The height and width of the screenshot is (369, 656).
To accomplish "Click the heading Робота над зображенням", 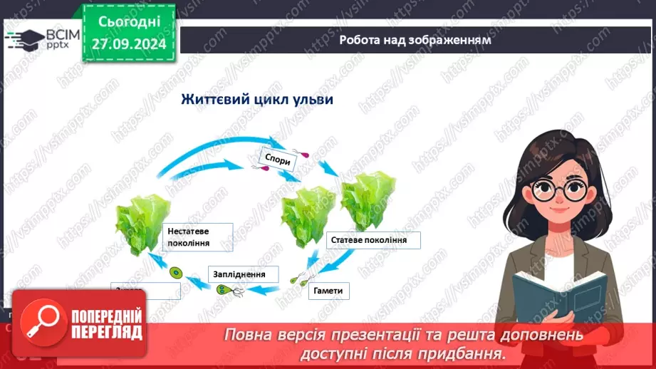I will tap(415, 40).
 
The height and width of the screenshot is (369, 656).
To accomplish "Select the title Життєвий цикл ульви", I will tap(258, 98).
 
